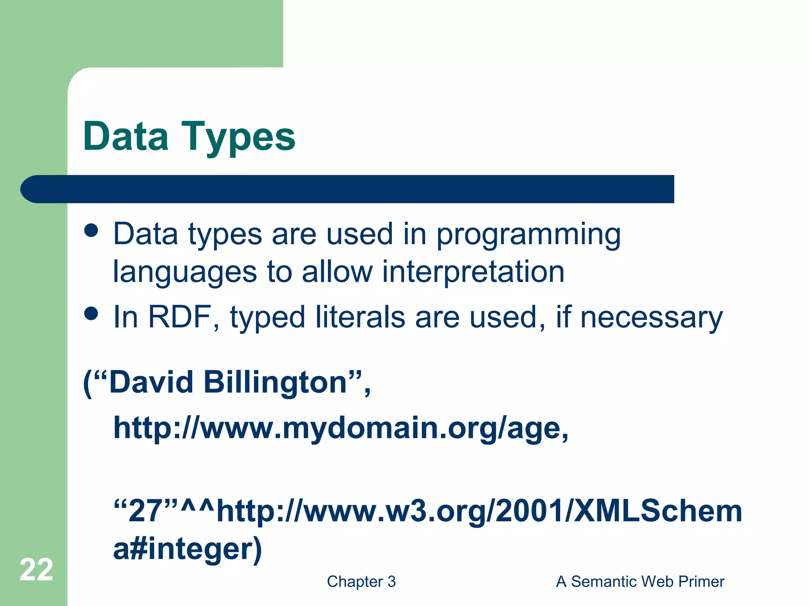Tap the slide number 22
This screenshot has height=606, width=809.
[x=36, y=570]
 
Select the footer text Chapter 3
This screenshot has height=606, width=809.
[x=361, y=582]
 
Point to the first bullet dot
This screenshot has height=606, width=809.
[x=91, y=230]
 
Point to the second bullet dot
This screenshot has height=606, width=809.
[x=91, y=314]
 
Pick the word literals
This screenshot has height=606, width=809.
[x=360, y=317]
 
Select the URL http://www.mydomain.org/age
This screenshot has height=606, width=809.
[x=340, y=428]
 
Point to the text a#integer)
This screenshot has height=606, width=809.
[x=187, y=549]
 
